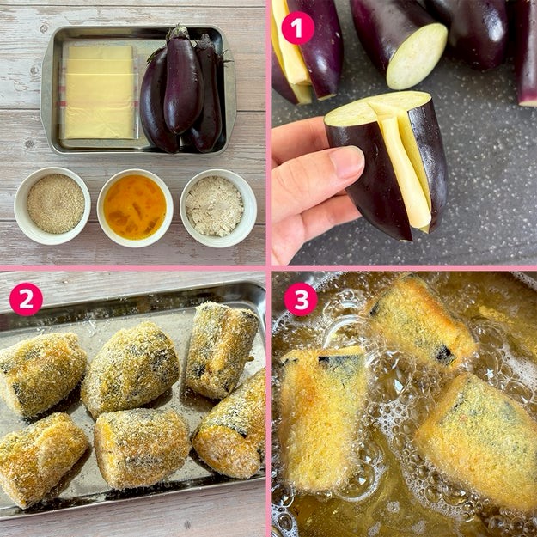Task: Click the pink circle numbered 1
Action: point(297,27)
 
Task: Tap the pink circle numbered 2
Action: point(26,299)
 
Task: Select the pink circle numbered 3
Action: point(301,299)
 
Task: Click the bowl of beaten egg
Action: point(135,208)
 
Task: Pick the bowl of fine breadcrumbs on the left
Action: point(52,205)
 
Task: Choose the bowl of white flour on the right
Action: point(218,208)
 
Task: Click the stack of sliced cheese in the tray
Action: point(99,93)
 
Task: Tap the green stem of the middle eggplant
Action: point(178,33)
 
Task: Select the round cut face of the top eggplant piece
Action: point(417,57)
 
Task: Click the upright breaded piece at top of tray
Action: point(221,350)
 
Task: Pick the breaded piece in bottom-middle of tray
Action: point(141,448)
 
